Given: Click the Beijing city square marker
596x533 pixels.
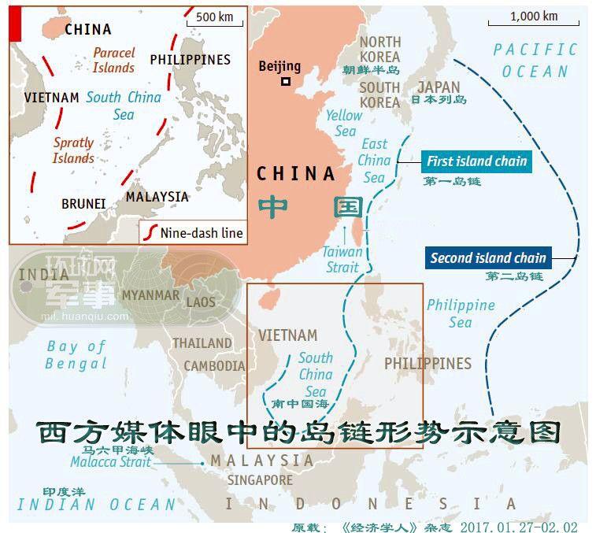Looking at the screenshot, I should click(286, 81).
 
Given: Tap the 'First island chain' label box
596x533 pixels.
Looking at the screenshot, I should click(476, 161).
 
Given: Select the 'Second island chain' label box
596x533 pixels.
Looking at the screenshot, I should click(487, 257).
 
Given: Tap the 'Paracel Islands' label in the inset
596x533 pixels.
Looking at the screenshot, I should click(114, 61).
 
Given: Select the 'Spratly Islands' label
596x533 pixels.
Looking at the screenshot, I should click(73, 150).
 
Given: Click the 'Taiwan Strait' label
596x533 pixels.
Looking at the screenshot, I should click(342, 259).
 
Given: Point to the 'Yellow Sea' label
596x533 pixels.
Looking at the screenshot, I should click(344, 123).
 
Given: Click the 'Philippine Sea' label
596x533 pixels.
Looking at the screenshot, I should click(461, 313).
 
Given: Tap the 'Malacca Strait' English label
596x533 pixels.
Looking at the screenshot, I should click(110, 463).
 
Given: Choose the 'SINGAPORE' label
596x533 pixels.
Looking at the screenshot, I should click(260, 480).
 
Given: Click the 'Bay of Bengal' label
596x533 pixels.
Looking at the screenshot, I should click(76, 355).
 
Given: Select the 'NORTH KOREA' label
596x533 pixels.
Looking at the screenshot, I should click(380, 49).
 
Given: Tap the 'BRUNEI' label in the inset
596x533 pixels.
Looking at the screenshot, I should click(83, 204).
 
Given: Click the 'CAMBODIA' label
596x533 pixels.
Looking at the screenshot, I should click(214, 366).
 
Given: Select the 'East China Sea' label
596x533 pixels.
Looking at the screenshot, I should click(374, 161).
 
